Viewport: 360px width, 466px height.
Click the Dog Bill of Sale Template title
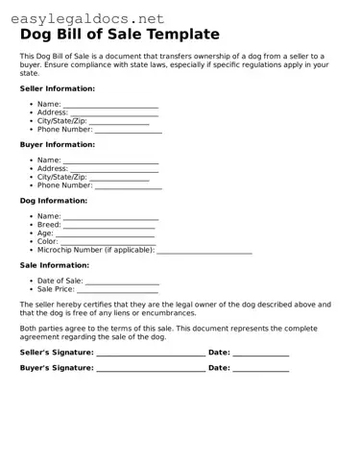[120, 35]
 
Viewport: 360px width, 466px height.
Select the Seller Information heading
[58, 87]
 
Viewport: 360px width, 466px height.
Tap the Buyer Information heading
[58, 144]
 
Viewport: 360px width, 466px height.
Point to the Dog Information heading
[54, 201]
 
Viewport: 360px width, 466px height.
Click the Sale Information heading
[55, 265]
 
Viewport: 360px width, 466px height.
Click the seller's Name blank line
[110, 106]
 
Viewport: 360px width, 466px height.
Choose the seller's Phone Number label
[65, 130]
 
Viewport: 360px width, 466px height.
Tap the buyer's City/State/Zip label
[61, 178]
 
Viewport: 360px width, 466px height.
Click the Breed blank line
[108, 227]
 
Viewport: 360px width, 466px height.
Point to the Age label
[45, 233]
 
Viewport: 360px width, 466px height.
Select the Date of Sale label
[60, 281]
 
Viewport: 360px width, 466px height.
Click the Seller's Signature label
[57, 353]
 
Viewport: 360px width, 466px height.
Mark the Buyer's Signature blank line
[150, 370]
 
